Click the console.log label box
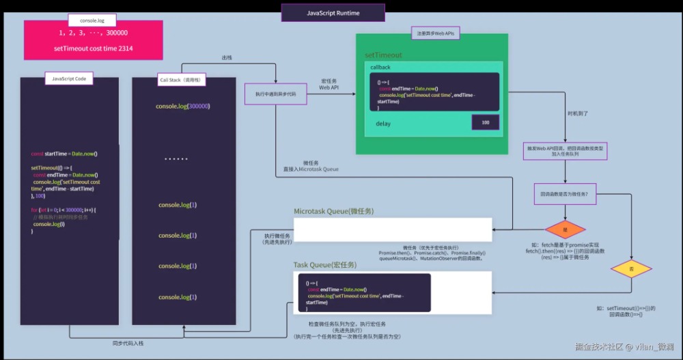[92, 20]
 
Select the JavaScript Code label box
[68, 79]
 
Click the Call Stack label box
[182, 80]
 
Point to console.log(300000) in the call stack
[183, 107]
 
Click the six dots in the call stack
[176, 159]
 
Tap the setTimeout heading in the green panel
[383, 55]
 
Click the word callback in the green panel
[380, 68]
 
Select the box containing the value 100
[485, 122]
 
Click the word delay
[384, 124]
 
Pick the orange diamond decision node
[565, 230]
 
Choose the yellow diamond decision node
[630, 270]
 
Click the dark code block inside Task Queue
[364, 292]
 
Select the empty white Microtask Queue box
[393, 229]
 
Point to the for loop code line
[64, 209]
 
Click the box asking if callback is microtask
[565, 194]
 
